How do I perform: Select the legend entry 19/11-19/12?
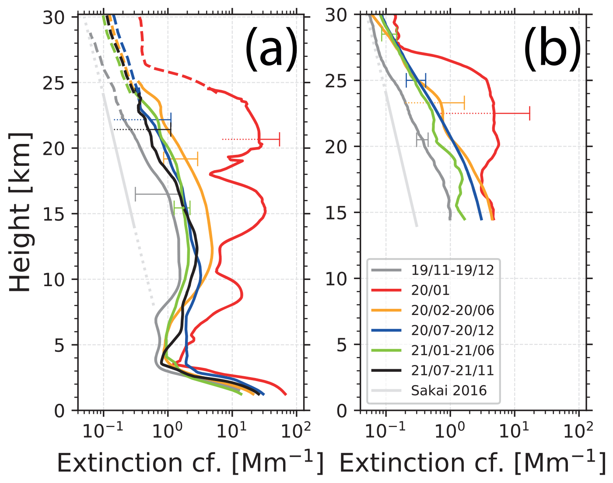point(452,270)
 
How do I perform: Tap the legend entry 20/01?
point(430,290)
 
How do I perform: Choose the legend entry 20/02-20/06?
point(452,310)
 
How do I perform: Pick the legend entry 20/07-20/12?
point(452,330)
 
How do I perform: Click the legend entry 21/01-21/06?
point(452,350)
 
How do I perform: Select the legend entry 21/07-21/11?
point(452,371)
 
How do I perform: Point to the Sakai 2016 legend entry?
point(448,390)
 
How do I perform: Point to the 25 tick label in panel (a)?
point(54,83)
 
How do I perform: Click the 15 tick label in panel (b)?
point(336,213)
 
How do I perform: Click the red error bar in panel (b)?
point(512,113)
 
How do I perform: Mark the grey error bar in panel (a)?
point(158,193)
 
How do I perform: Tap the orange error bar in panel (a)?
point(181,159)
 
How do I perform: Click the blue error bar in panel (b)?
point(416,80)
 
